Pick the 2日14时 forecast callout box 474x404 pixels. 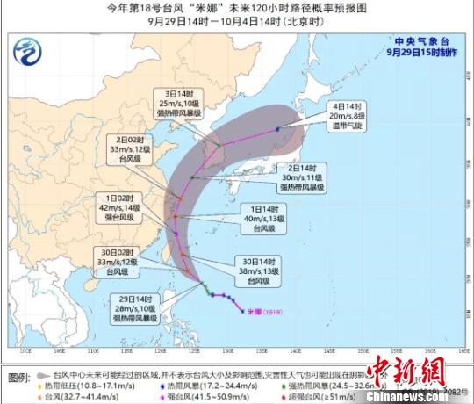point(303,177)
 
